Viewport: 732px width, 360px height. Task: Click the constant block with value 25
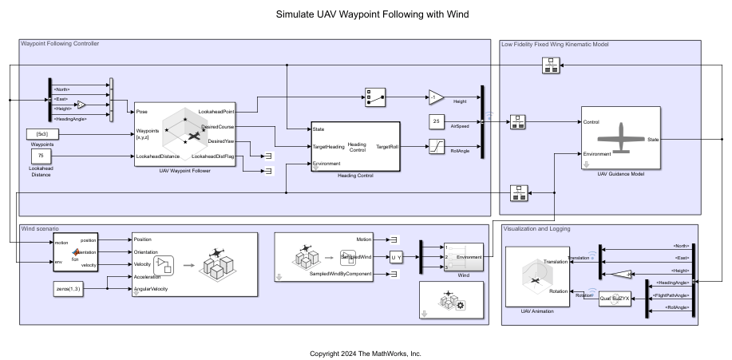pos(436,121)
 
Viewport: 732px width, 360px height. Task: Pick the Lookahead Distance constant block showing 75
pos(42,156)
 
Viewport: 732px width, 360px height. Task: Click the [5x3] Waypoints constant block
pos(42,133)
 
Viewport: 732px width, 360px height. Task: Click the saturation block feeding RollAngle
pos(437,146)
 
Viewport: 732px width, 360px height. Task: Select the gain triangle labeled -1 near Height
pos(436,97)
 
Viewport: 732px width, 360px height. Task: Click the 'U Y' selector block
pos(397,257)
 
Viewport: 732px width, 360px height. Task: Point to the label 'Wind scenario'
pos(39,229)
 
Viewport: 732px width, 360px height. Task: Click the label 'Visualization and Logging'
pos(537,229)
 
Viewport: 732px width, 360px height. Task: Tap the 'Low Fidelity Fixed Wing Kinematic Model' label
pos(565,44)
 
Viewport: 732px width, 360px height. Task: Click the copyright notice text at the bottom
pos(366,353)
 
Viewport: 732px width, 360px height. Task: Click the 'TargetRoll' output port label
pos(387,146)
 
